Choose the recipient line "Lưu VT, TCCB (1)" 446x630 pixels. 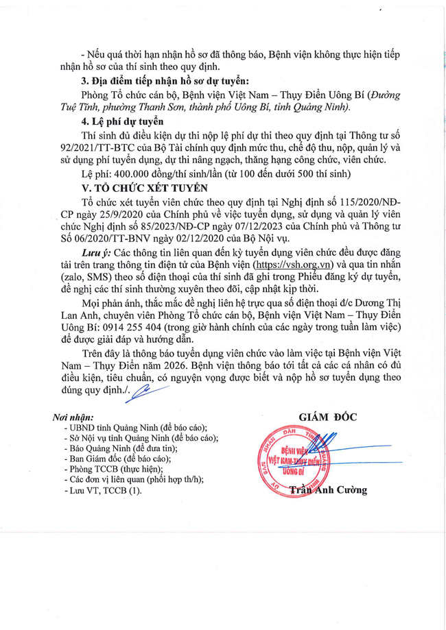(x=102, y=491)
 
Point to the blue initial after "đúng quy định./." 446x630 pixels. (x=149, y=391)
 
